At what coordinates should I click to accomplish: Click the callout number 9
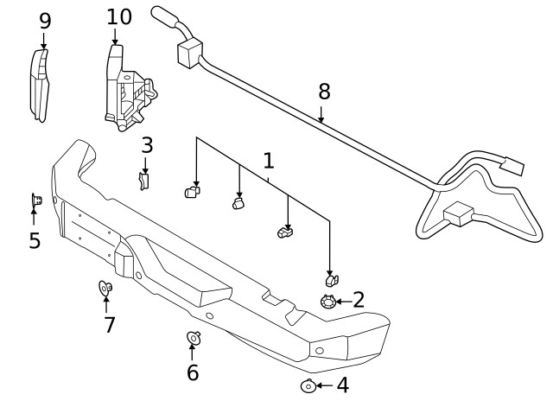tap(45, 21)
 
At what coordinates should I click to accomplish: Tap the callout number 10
tap(119, 16)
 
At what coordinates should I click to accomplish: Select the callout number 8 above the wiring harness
tap(324, 91)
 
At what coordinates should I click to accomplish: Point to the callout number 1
tap(269, 160)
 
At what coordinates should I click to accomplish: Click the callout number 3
tap(147, 144)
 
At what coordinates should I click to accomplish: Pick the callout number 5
tap(35, 240)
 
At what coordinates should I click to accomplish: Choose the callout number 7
tap(110, 325)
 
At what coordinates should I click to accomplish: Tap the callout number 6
tap(192, 372)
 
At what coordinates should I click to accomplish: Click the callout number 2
tap(359, 300)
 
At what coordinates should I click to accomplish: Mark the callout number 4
tap(342, 385)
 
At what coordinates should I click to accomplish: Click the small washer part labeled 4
tap(307, 385)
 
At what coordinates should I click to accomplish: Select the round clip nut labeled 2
tap(327, 301)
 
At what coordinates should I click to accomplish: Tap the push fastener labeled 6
tap(193, 338)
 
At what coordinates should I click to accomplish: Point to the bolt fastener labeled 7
tap(105, 288)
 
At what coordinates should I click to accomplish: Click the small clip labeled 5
tap(35, 201)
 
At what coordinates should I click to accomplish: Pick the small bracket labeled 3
tap(144, 179)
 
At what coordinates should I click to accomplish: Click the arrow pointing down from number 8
tap(322, 114)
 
